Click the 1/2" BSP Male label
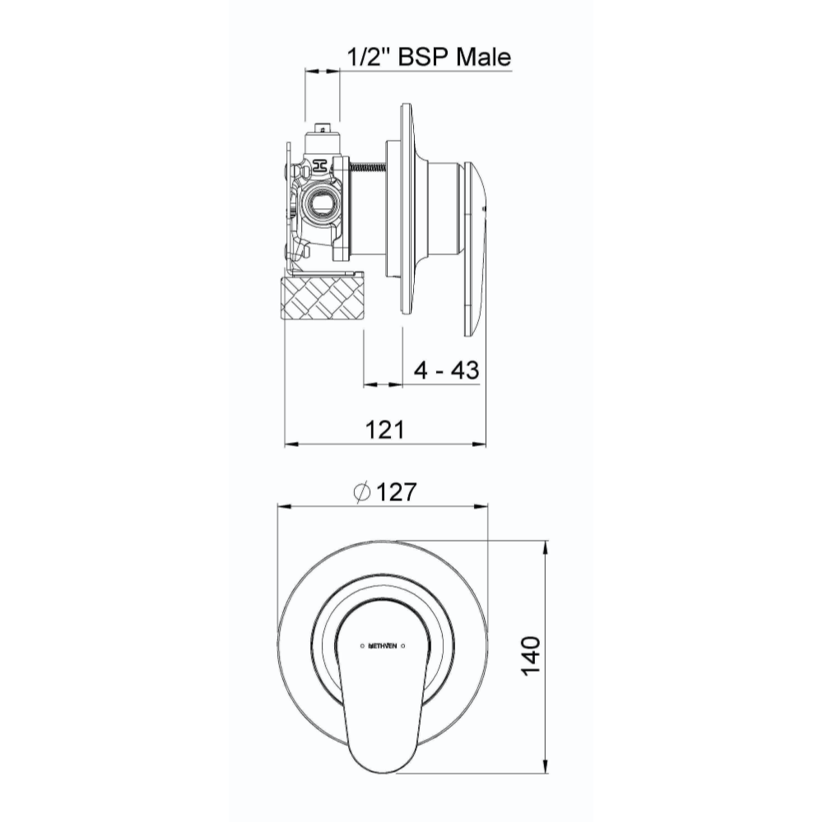click(429, 57)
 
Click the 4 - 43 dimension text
click(446, 370)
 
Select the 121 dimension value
click(384, 430)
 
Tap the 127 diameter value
click(397, 492)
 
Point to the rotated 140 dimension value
click(532, 656)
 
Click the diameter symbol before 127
click(363, 492)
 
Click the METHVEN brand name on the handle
click(384, 646)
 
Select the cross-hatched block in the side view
click(323, 298)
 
